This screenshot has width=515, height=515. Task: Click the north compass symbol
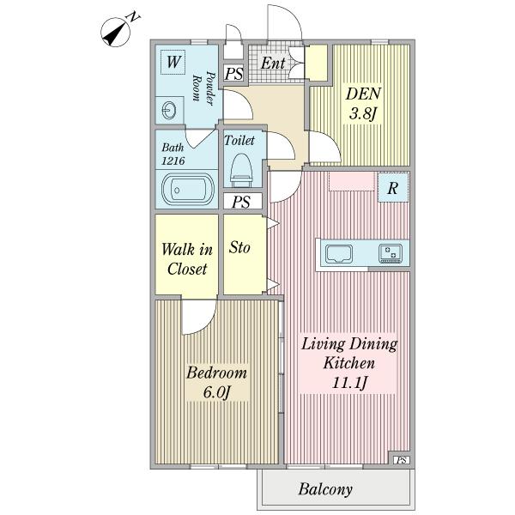(x=116, y=33)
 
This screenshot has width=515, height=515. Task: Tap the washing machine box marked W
(x=173, y=62)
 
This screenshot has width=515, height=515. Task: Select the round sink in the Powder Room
(x=168, y=111)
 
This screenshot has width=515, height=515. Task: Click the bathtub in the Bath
(x=188, y=190)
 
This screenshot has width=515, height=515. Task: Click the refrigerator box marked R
(x=393, y=187)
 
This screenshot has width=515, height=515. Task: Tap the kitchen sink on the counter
(x=339, y=254)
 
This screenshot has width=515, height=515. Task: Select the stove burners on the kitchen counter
(x=391, y=253)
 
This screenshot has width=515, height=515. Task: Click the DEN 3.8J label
(x=363, y=104)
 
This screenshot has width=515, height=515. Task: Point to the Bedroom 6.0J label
(x=216, y=382)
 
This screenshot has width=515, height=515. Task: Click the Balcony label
(x=325, y=489)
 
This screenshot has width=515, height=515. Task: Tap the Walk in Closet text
(x=187, y=259)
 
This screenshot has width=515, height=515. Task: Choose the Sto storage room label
(x=239, y=247)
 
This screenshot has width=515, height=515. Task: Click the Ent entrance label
(x=273, y=63)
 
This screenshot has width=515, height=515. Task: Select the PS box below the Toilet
(x=243, y=202)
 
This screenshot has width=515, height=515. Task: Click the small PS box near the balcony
(x=402, y=460)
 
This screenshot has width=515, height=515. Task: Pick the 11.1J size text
(x=349, y=383)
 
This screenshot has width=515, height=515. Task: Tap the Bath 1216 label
(x=173, y=154)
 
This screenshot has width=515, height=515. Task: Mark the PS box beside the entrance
(x=234, y=73)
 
